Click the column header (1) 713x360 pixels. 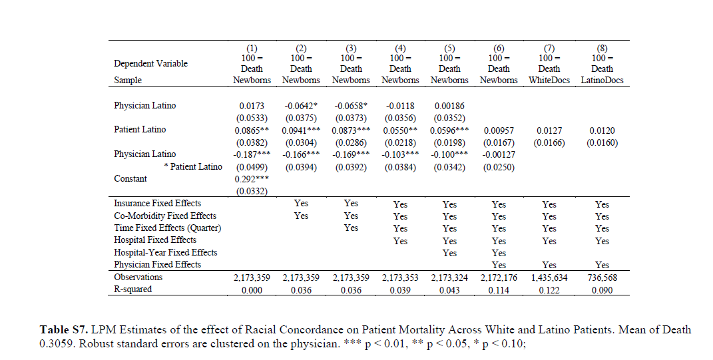click(x=251, y=49)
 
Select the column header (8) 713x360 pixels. click(x=602, y=49)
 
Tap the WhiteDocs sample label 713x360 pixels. click(x=549, y=80)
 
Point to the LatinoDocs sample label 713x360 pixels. click(x=602, y=80)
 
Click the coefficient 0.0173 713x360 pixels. click(x=251, y=106)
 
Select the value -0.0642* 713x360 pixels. click(x=301, y=106)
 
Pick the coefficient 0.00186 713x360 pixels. click(x=449, y=106)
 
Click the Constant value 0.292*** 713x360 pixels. click(x=251, y=179)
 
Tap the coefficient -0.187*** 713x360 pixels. click(x=251, y=154)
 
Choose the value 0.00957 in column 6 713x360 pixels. click(x=499, y=130)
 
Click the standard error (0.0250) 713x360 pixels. click(x=499, y=167)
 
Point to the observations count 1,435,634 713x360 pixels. click(x=549, y=277)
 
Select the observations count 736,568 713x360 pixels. click(x=602, y=277)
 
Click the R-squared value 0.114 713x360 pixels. click(x=499, y=290)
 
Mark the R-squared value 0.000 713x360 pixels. click(x=251, y=290)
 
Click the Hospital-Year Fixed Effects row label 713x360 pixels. click(x=166, y=252)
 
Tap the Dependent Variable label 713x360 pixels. click(x=150, y=64)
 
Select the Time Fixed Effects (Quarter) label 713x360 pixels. click(x=167, y=228)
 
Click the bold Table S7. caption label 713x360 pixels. click(x=63, y=330)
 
